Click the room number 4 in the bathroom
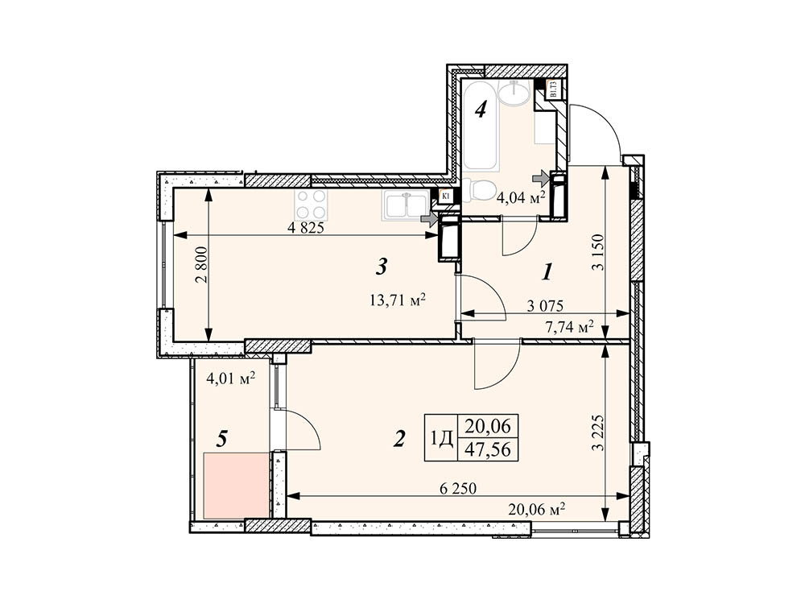click(480, 110)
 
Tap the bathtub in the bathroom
click(481, 126)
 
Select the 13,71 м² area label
click(395, 300)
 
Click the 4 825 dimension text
click(306, 227)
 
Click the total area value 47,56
click(488, 450)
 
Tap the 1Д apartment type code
click(442, 439)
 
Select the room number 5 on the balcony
click(223, 439)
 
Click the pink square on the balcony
click(236, 486)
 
